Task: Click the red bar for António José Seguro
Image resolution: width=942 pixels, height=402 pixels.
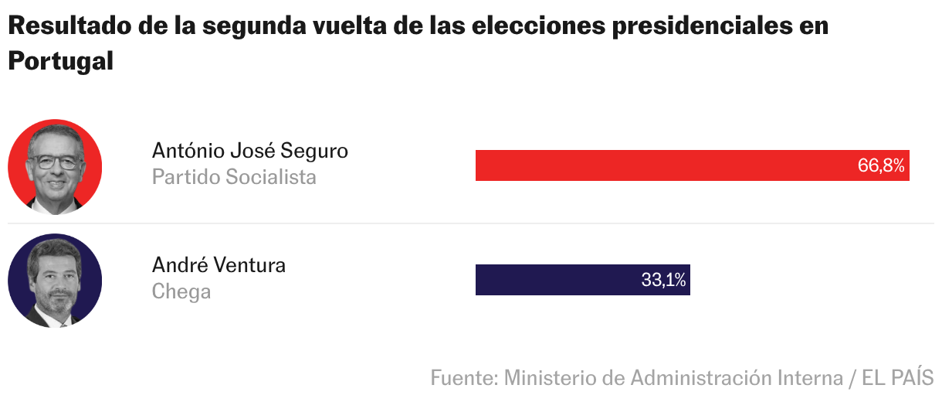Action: click(x=664, y=165)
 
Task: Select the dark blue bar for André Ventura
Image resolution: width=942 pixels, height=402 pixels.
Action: click(x=556, y=280)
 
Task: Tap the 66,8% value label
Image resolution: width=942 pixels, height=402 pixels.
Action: click(x=880, y=165)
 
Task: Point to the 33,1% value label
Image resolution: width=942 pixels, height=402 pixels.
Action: click(x=663, y=280)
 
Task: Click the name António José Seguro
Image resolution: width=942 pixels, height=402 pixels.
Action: click(x=249, y=150)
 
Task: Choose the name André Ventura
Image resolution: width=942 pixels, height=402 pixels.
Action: click(x=219, y=265)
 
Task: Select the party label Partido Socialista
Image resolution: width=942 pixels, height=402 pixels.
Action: click(x=234, y=177)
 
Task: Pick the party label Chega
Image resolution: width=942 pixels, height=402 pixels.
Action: click(x=181, y=291)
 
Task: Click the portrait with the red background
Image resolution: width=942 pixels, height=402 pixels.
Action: click(x=55, y=166)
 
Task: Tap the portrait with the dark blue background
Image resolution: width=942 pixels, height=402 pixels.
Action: click(x=55, y=281)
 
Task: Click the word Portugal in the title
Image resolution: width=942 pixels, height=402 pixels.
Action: click(x=60, y=61)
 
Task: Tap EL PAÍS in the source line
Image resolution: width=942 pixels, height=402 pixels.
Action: click(x=897, y=378)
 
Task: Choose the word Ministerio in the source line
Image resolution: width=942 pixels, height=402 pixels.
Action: click(x=550, y=378)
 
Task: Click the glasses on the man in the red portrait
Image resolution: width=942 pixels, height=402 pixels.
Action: click(x=54, y=163)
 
